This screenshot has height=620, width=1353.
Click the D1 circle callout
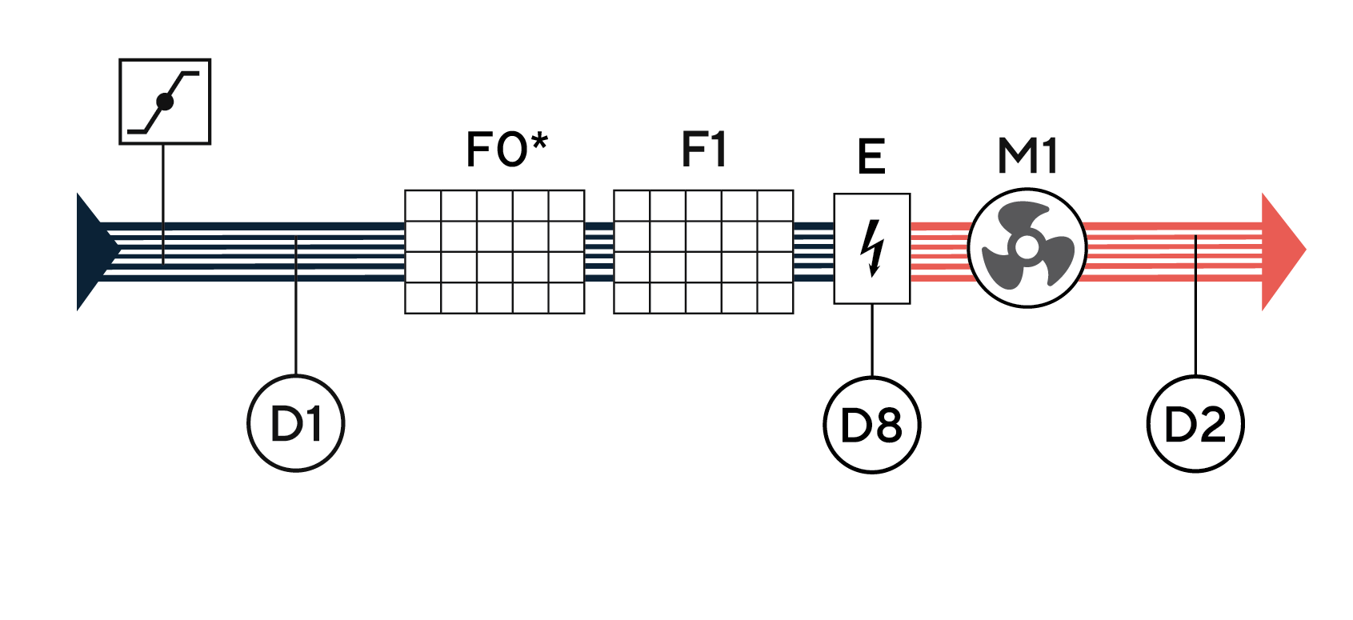(296, 423)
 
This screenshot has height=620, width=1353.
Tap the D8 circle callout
(871, 424)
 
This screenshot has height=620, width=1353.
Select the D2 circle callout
(1195, 424)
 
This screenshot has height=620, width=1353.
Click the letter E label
(871, 156)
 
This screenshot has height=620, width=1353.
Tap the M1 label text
(1027, 156)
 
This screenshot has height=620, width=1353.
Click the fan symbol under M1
(1027, 247)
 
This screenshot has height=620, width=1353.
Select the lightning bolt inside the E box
(872, 248)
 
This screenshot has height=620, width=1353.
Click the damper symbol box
(165, 102)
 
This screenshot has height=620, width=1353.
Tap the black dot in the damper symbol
(165, 102)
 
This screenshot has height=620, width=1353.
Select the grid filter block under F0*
(494, 251)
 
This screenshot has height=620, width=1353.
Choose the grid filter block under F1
(703, 251)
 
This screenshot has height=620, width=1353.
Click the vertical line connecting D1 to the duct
(296, 320)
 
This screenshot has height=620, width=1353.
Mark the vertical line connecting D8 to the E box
(871, 340)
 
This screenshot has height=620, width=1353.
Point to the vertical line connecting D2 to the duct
(1195, 320)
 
